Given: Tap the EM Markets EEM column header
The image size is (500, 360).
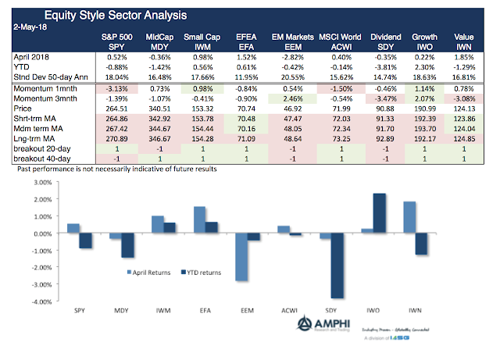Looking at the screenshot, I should [x=292, y=41].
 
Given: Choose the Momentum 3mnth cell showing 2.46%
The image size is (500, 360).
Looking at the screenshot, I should [x=292, y=98].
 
